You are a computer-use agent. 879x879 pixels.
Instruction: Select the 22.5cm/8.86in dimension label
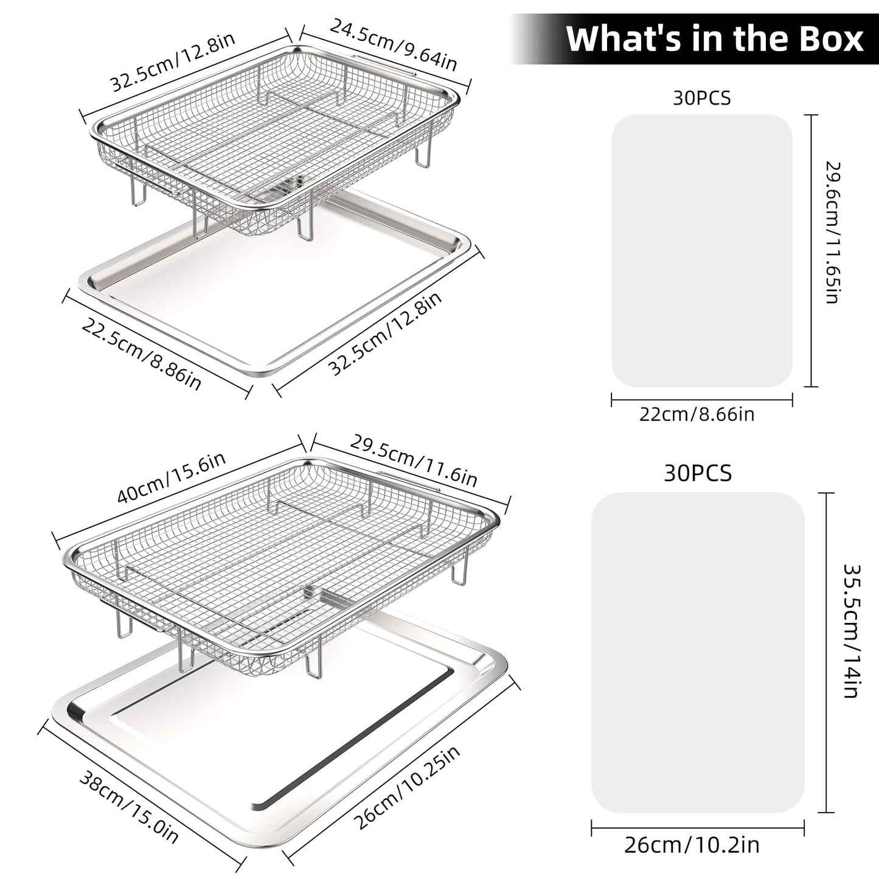pos(141,354)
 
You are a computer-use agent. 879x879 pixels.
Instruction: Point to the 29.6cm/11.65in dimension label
pos(833,232)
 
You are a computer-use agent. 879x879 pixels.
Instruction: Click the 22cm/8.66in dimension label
pos(697,414)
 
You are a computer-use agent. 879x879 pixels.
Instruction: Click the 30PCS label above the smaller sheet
pos(701,98)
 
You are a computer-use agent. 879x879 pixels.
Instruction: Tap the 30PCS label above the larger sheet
pos(698,473)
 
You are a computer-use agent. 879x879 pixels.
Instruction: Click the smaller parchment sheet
pos(701,251)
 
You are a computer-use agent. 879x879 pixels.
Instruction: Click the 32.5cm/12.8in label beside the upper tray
pos(386,333)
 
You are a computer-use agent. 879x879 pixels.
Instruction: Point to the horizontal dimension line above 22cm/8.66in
pos(701,400)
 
